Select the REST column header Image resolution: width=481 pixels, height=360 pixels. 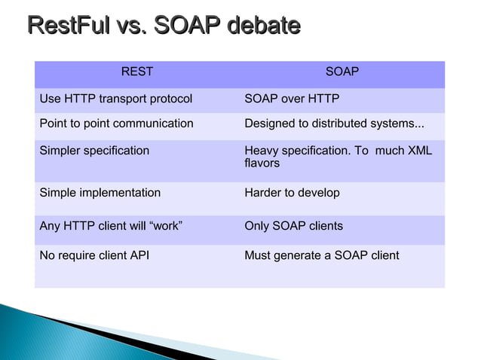136,72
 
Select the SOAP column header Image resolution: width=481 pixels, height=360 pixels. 342,72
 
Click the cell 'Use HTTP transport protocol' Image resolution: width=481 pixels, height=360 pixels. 115,99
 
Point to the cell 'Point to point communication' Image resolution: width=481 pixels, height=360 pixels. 116,124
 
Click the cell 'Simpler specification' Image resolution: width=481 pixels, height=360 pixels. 94,151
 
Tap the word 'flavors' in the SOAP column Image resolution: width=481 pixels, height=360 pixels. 262,163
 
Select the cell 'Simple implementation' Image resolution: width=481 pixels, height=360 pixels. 100,193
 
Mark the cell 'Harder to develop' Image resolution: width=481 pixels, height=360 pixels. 292,193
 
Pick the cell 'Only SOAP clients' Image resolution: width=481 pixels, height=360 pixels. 293,226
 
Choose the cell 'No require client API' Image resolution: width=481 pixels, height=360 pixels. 94,256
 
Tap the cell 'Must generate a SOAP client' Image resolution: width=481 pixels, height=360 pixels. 321,256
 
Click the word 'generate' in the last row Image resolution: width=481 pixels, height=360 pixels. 298,256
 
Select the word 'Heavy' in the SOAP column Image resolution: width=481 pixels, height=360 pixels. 261,151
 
